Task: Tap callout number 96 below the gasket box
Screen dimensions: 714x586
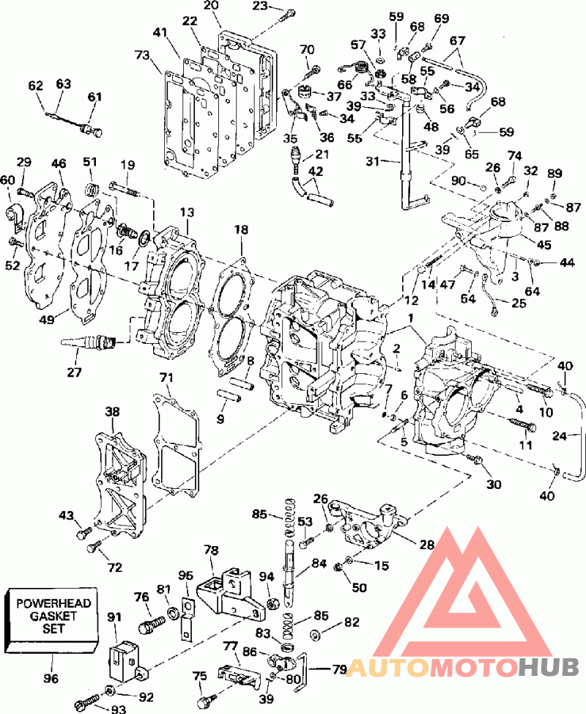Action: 51,679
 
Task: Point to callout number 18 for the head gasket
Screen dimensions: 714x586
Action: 241,230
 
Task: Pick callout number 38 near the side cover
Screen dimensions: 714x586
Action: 112,412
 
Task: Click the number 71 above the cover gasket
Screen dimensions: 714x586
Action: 168,377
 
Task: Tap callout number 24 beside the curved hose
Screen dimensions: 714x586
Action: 560,436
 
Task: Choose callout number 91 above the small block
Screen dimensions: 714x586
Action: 114,617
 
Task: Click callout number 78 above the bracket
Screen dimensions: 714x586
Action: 212,550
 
